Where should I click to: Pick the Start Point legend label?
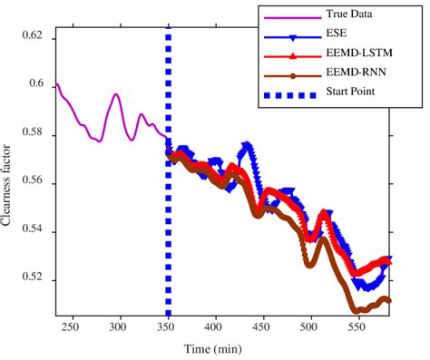353,92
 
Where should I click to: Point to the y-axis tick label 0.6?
35,85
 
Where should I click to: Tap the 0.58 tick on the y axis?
32,135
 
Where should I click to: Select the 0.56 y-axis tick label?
32,183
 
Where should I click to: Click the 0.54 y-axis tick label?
32,232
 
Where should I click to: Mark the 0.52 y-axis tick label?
32,280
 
